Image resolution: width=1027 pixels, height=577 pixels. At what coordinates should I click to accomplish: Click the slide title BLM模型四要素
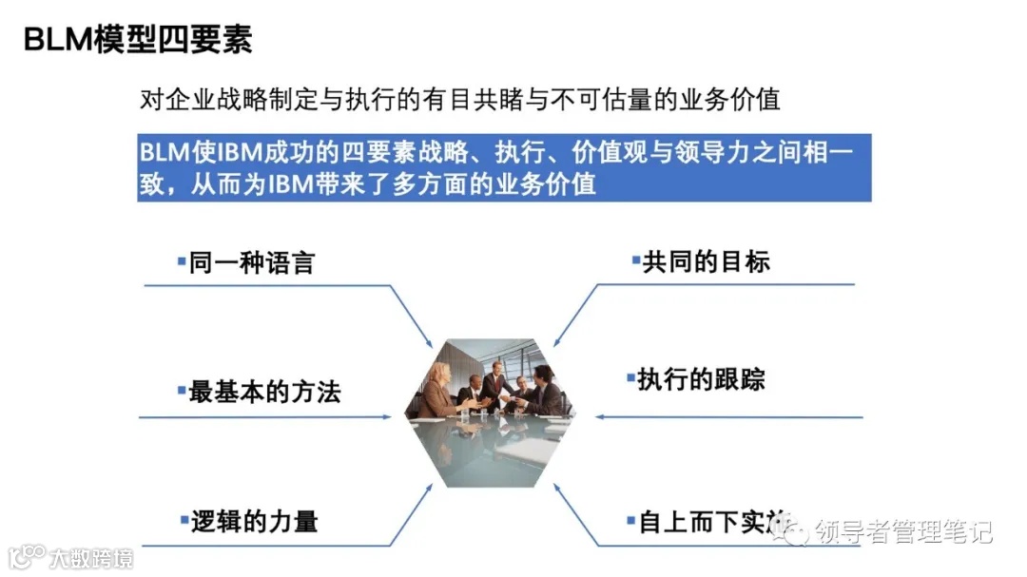(137, 40)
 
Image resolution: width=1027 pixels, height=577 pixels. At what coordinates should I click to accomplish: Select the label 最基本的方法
(263, 392)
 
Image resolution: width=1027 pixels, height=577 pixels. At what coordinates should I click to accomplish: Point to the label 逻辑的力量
(253, 521)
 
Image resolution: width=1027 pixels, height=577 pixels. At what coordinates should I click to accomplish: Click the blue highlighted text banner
(504, 167)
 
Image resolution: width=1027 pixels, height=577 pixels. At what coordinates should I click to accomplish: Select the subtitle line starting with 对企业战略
(459, 100)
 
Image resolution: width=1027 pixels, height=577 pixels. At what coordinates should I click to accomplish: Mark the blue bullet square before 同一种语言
(181, 260)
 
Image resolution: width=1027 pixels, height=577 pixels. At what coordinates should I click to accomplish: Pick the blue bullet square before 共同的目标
(634, 260)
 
